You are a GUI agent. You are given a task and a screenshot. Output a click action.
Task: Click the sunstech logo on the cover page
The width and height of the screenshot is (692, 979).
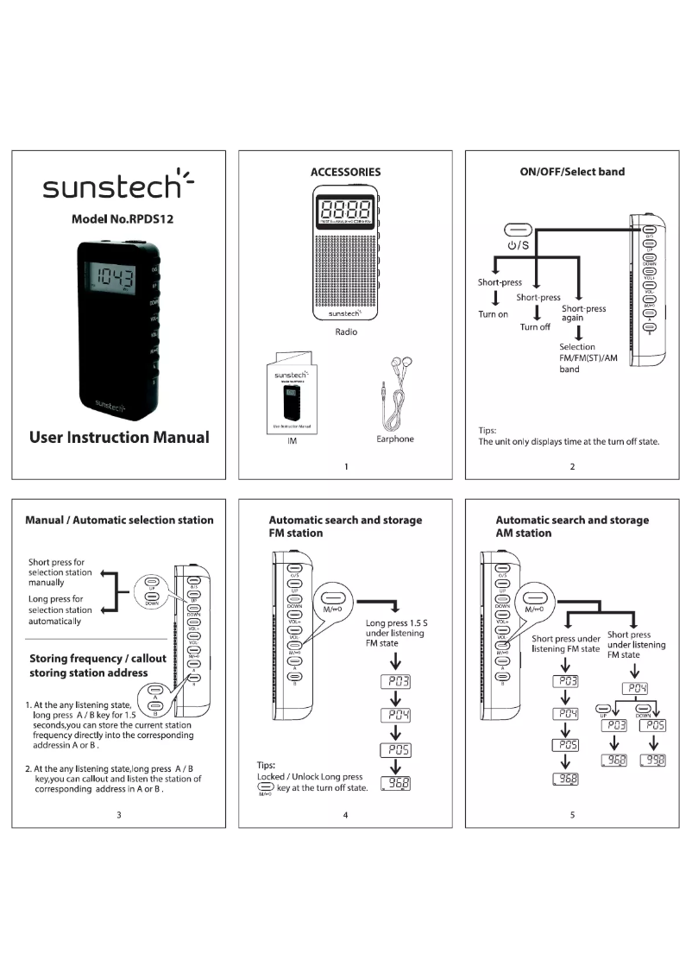click(x=118, y=185)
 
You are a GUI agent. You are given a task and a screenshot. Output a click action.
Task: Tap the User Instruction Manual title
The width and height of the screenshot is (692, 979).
click(x=118, y=437)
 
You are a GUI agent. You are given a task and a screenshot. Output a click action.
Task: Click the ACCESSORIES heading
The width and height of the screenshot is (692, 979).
click(x=345, y=172)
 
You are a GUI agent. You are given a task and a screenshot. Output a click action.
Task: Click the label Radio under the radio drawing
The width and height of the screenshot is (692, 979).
click(x=345, y=332)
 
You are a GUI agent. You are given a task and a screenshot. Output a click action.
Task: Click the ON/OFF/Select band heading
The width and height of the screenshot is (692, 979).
click(x=572, y=172)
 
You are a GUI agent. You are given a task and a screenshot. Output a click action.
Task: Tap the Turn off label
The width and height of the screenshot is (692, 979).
click(x=535, y=327)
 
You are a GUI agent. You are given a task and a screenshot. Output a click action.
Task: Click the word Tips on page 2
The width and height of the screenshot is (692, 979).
click(x=488, y=429)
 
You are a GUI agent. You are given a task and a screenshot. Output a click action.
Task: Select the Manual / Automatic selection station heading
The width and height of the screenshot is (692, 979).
click(x=119, y=520)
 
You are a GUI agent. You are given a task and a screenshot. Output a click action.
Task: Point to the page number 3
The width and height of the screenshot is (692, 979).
click(x=118, y=816)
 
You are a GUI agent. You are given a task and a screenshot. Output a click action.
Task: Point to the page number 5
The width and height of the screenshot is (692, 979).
click(x=572, y=816)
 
